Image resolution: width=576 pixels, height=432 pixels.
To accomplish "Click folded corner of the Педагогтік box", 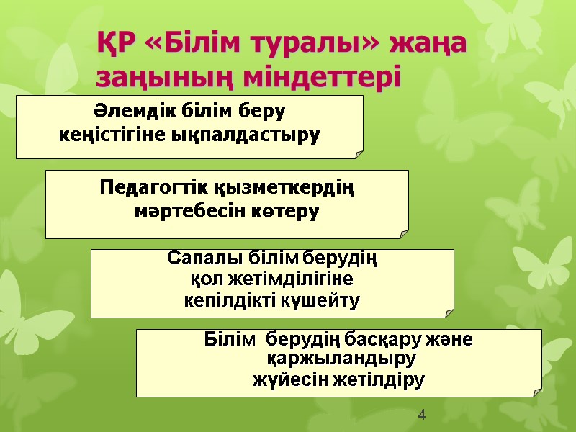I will point(404,232).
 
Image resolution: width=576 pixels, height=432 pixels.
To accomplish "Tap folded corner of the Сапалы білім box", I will point(449,311).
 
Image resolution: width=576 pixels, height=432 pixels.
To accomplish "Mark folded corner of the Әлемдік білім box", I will point(359,153).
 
